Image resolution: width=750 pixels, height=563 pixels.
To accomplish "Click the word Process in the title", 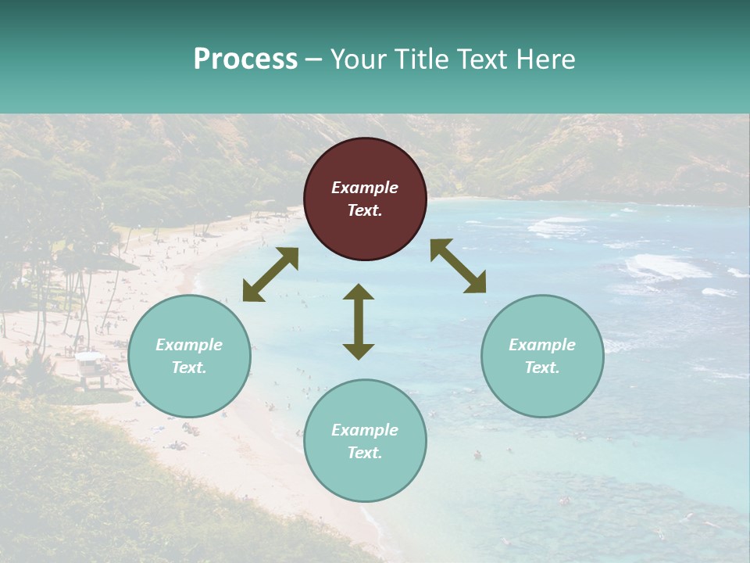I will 245,59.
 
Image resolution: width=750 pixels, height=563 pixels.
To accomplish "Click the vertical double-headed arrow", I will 359,321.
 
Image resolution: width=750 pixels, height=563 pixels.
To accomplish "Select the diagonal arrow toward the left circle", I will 270,274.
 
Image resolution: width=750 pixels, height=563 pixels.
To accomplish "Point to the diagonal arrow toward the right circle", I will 458,266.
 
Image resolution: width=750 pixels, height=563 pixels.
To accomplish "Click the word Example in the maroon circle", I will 365,188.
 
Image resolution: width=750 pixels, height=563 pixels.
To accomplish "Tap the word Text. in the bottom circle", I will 365,453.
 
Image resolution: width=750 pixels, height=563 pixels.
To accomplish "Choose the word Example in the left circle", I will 189,345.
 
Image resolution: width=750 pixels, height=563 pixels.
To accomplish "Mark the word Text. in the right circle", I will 542,368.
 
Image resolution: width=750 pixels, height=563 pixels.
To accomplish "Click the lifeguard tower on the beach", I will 91,368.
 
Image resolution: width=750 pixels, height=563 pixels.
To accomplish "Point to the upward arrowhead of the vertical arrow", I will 359,292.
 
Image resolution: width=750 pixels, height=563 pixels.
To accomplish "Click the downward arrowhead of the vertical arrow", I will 359,351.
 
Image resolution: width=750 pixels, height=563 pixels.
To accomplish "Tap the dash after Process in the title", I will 314,59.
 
